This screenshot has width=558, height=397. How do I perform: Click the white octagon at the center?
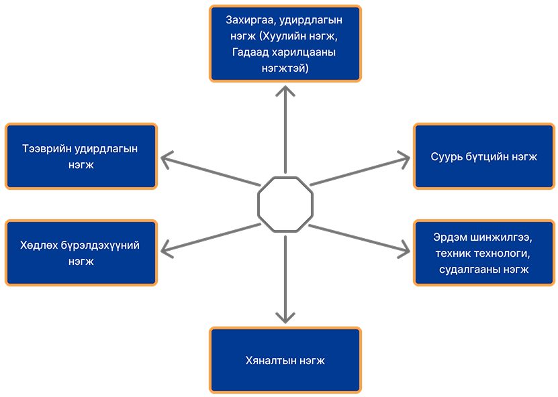285,205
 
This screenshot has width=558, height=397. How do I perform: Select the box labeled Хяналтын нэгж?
285,360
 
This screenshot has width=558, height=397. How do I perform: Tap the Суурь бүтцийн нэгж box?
484,156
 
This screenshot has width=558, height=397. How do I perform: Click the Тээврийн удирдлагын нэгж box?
81,156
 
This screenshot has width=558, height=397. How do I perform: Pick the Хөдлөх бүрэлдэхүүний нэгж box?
81,253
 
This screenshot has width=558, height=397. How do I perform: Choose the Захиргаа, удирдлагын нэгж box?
285,44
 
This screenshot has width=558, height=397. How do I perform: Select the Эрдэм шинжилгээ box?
484,253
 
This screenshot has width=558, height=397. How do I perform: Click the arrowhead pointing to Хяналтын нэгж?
285,316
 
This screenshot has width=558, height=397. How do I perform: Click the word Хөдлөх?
39,245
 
